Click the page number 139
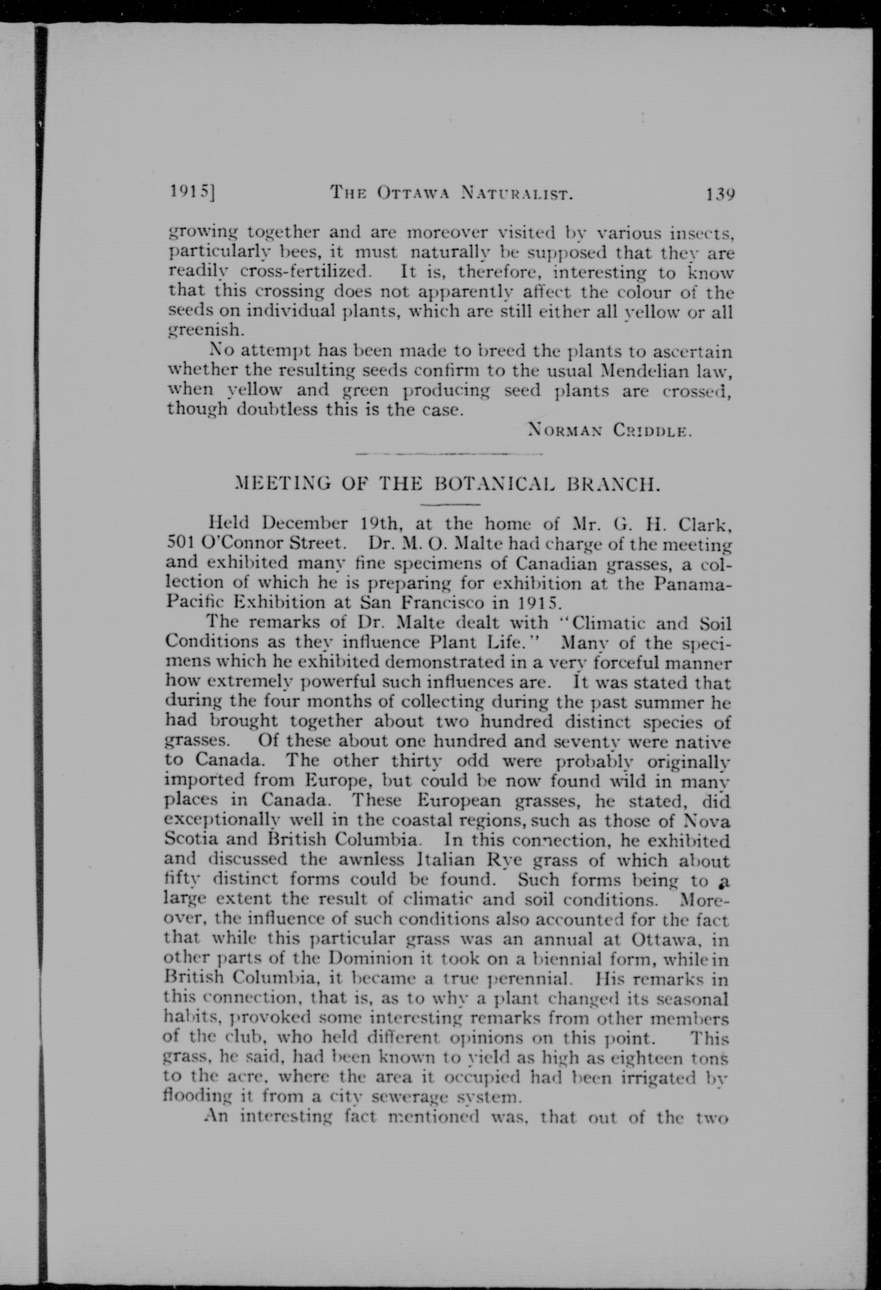(720, 194)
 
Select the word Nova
(707, 820)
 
